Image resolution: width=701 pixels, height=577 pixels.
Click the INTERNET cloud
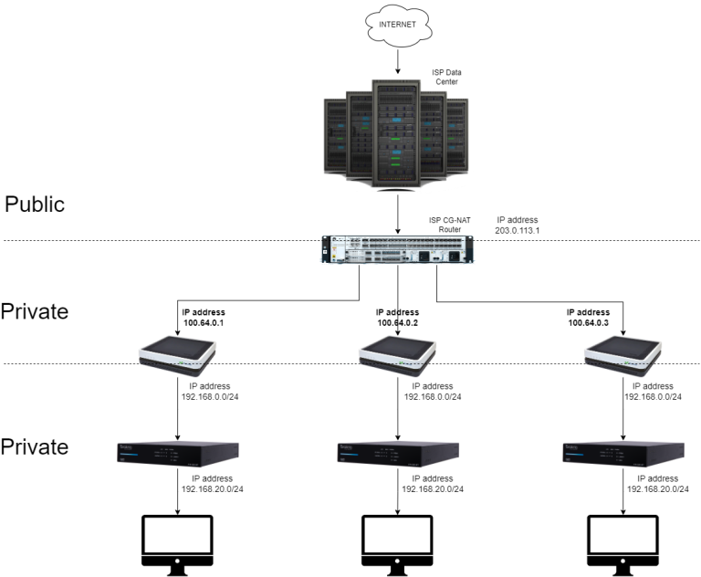pos(398,25)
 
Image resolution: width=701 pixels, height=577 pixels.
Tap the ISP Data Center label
pos(446,77)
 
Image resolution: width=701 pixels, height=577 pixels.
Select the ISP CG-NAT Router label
pos(450,225)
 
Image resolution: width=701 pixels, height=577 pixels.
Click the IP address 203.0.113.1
pos(518,225)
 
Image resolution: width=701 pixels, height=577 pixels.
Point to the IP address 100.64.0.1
pos(204,318)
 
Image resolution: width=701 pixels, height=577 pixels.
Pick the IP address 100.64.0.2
pos(397,318)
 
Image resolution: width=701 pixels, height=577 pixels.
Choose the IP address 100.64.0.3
pos(589,318)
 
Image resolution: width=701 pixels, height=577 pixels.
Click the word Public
pos(35,204)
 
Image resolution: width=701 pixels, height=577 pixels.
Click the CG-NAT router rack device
pos(397,249)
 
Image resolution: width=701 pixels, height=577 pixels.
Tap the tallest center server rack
pos(396,134)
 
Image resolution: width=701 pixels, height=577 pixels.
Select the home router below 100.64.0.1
pos(177,355)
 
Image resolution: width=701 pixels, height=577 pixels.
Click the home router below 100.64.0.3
pos(623,355)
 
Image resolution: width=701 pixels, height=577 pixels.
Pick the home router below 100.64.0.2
pos(397,355)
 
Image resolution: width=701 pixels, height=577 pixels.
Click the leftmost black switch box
pos(178,454)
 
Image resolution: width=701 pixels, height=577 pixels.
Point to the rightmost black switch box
pos(623,454)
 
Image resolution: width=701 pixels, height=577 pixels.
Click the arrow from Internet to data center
pos(398,62)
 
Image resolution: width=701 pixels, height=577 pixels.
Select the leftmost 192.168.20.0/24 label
pos(213,484)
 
